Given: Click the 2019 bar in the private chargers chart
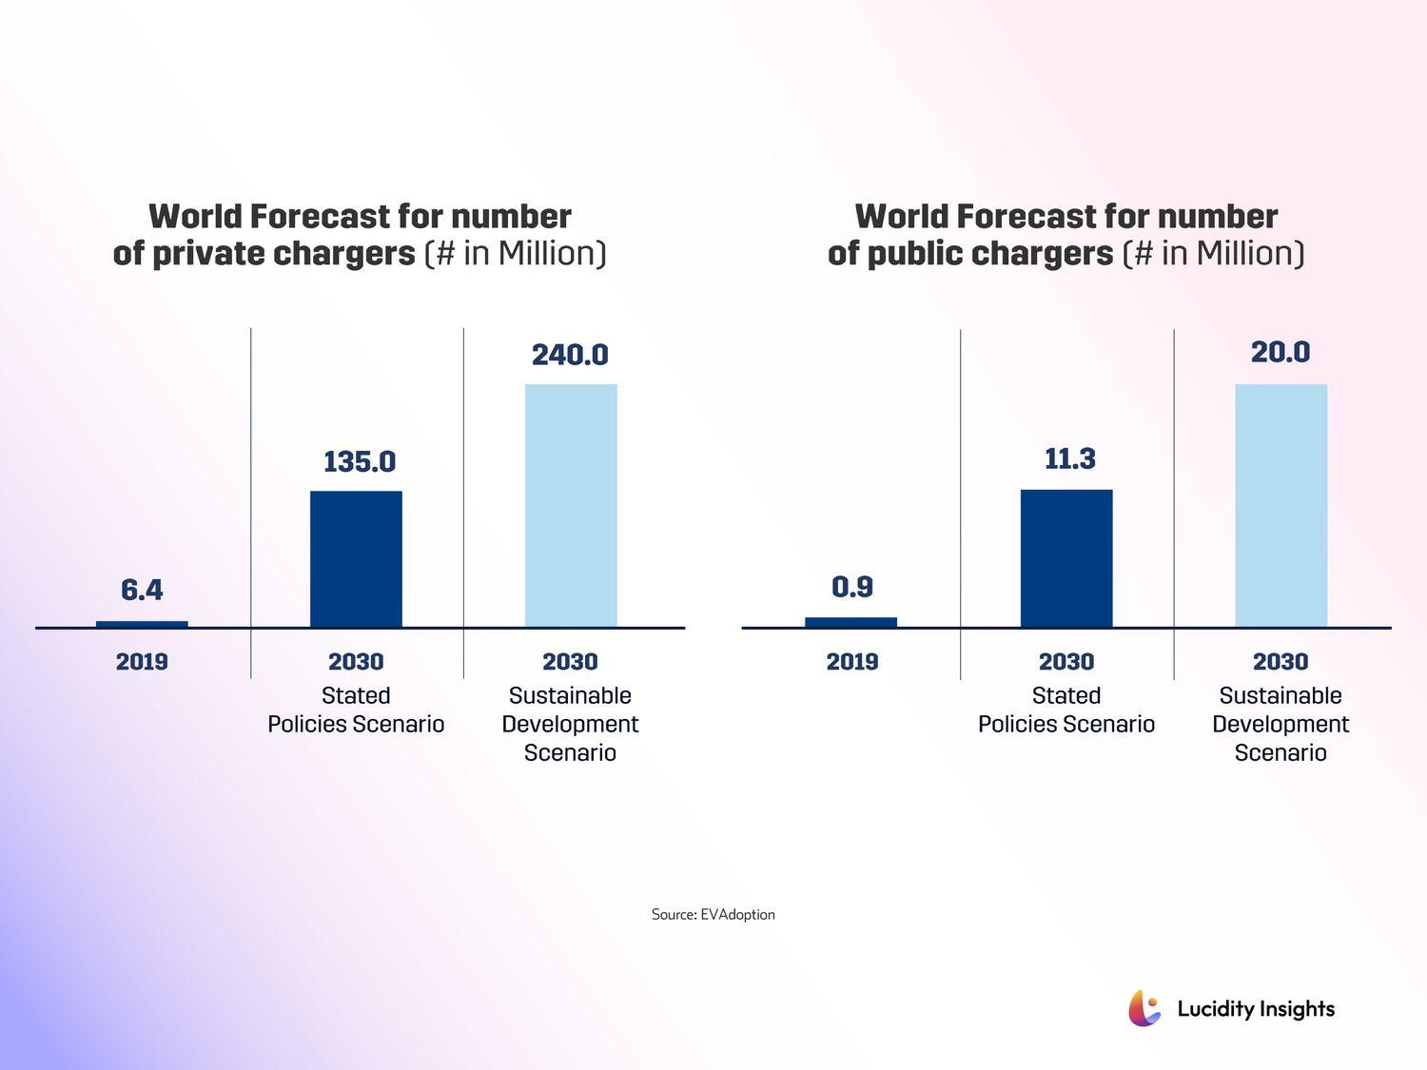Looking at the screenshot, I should pos(142,624).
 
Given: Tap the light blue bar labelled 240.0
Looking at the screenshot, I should pos(571,505).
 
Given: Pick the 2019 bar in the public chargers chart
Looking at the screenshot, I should pos(850,622).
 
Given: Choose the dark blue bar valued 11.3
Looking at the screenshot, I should pos(1066,558).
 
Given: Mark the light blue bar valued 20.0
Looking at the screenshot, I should pos(1280,505).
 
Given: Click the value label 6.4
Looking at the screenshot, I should pos(142,591).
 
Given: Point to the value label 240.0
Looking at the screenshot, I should pos(570,355).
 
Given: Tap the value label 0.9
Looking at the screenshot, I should pos(851,587).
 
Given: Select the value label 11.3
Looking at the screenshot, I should pos(1070,459).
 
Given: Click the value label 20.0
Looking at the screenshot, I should pos(1280,353).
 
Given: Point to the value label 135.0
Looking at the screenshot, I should pos(360,462).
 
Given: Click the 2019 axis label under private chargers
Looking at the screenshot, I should pos(142,662).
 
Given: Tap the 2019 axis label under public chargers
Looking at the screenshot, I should pos(851,662).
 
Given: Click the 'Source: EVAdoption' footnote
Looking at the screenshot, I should pos(713,914).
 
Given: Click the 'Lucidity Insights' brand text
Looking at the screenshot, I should pos(1256,1009).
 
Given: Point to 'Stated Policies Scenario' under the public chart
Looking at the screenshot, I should pos(1066,710).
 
